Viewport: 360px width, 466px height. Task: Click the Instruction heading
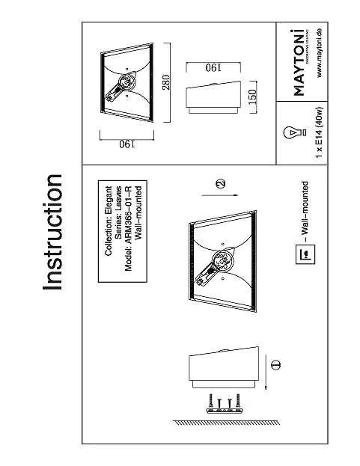52,232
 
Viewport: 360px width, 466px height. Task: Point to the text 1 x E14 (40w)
319,132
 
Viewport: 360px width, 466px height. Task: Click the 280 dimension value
166,82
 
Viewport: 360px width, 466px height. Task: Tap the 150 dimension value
251,97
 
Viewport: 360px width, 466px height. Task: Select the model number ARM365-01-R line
128,228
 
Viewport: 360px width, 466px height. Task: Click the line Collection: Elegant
109,221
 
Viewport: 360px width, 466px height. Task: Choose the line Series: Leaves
118,212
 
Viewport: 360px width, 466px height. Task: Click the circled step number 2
220,184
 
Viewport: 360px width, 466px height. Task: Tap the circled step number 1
275,365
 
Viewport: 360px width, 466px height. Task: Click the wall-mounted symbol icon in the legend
305,254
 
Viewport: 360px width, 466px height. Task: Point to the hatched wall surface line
226,423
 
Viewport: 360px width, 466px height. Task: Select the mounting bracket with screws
225,404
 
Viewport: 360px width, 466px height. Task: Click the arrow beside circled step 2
220,195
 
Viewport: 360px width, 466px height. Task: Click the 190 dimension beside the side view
213,68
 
